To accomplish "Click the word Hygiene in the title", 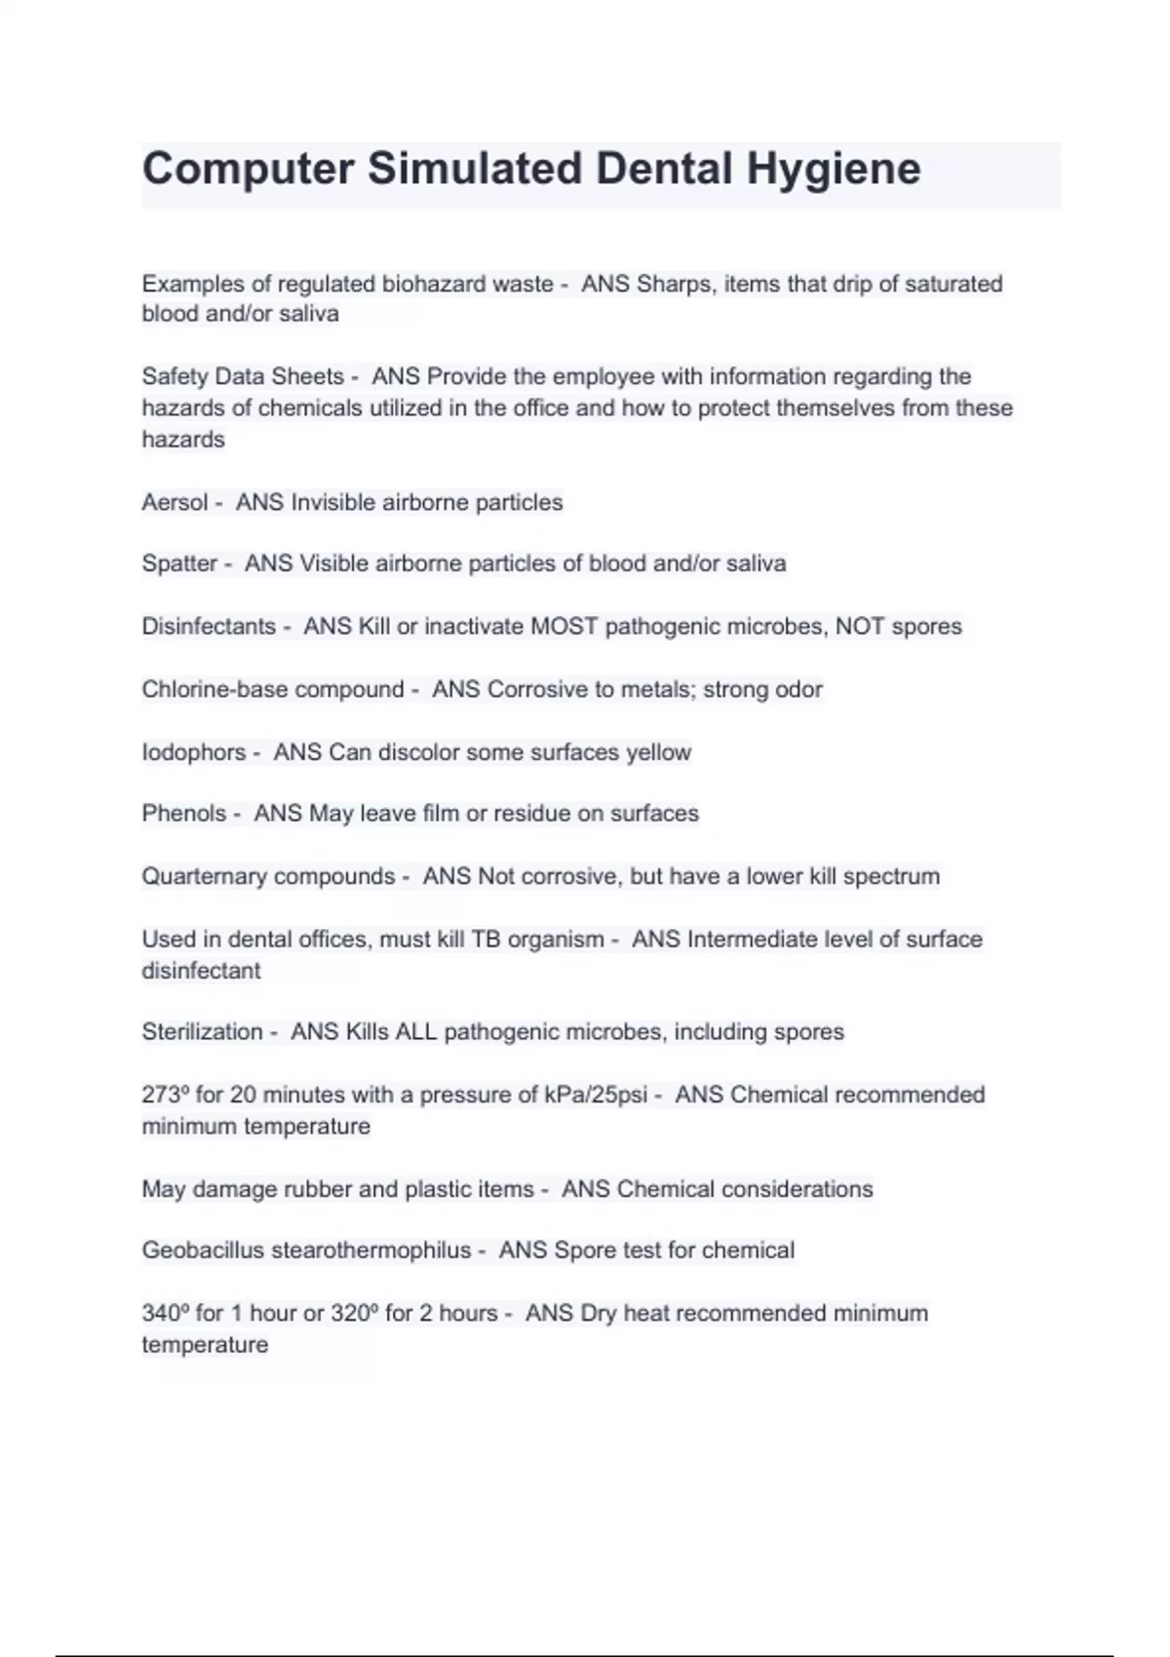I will coord(834,170).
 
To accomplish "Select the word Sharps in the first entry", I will coord(673,285).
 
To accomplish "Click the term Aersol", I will coord(175,503).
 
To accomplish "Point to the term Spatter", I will coord(179,564).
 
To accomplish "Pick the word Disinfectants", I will coord(209,627).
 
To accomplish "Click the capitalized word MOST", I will coord(564,627).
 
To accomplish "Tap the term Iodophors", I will coord(194,752).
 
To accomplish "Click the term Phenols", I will coord(183,814).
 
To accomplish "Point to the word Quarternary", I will coord(202,876).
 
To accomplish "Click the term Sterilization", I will coord(202,1032).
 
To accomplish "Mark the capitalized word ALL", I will coord(415,1032).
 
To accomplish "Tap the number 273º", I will coord(165,1096).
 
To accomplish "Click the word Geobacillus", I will coord(203,1251).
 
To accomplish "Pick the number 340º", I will coord(165,1314).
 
